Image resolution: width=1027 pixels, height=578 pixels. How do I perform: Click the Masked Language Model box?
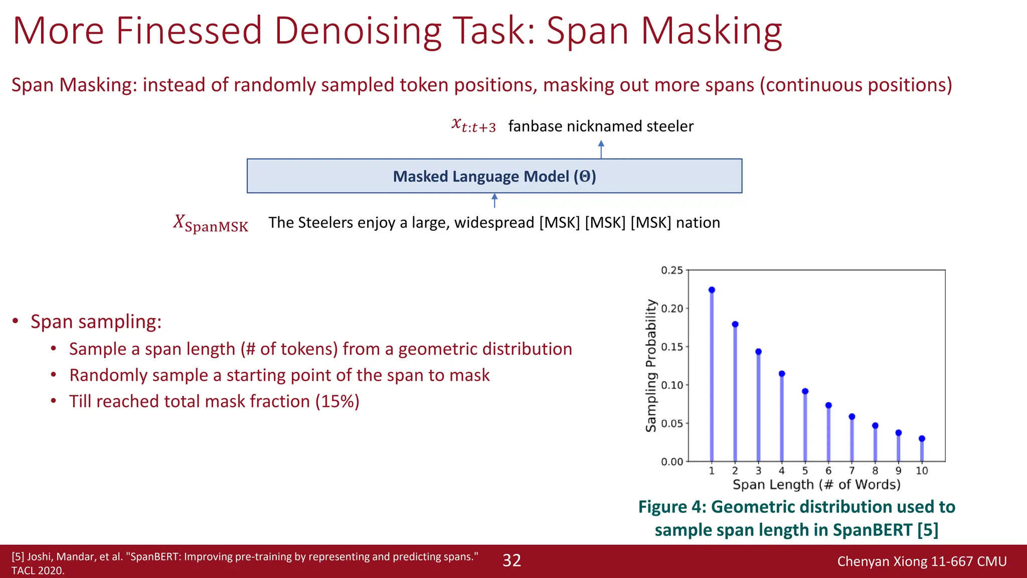point(494,176)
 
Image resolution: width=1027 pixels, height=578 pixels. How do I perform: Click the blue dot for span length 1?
point(712,290)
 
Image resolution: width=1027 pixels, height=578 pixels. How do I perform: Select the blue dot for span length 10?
point(922,439)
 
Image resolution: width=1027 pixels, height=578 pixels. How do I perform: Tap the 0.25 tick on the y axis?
point(672,270)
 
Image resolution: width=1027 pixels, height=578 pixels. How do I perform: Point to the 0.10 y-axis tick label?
point(672,385)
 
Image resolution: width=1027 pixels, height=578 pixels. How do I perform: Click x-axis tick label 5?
point(805,471)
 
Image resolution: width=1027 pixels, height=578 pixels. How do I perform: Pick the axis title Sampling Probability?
point(651,366)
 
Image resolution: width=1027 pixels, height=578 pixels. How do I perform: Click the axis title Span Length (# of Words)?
point(816,485)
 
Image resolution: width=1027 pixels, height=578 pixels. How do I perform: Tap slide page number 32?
point(512,560)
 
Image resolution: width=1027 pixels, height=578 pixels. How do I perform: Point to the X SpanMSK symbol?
point(211,223)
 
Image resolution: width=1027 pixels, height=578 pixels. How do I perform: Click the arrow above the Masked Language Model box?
point(601,149)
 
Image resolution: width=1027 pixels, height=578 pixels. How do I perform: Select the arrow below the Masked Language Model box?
point(494,201)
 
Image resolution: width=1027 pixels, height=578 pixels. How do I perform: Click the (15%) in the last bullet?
point(337,401)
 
